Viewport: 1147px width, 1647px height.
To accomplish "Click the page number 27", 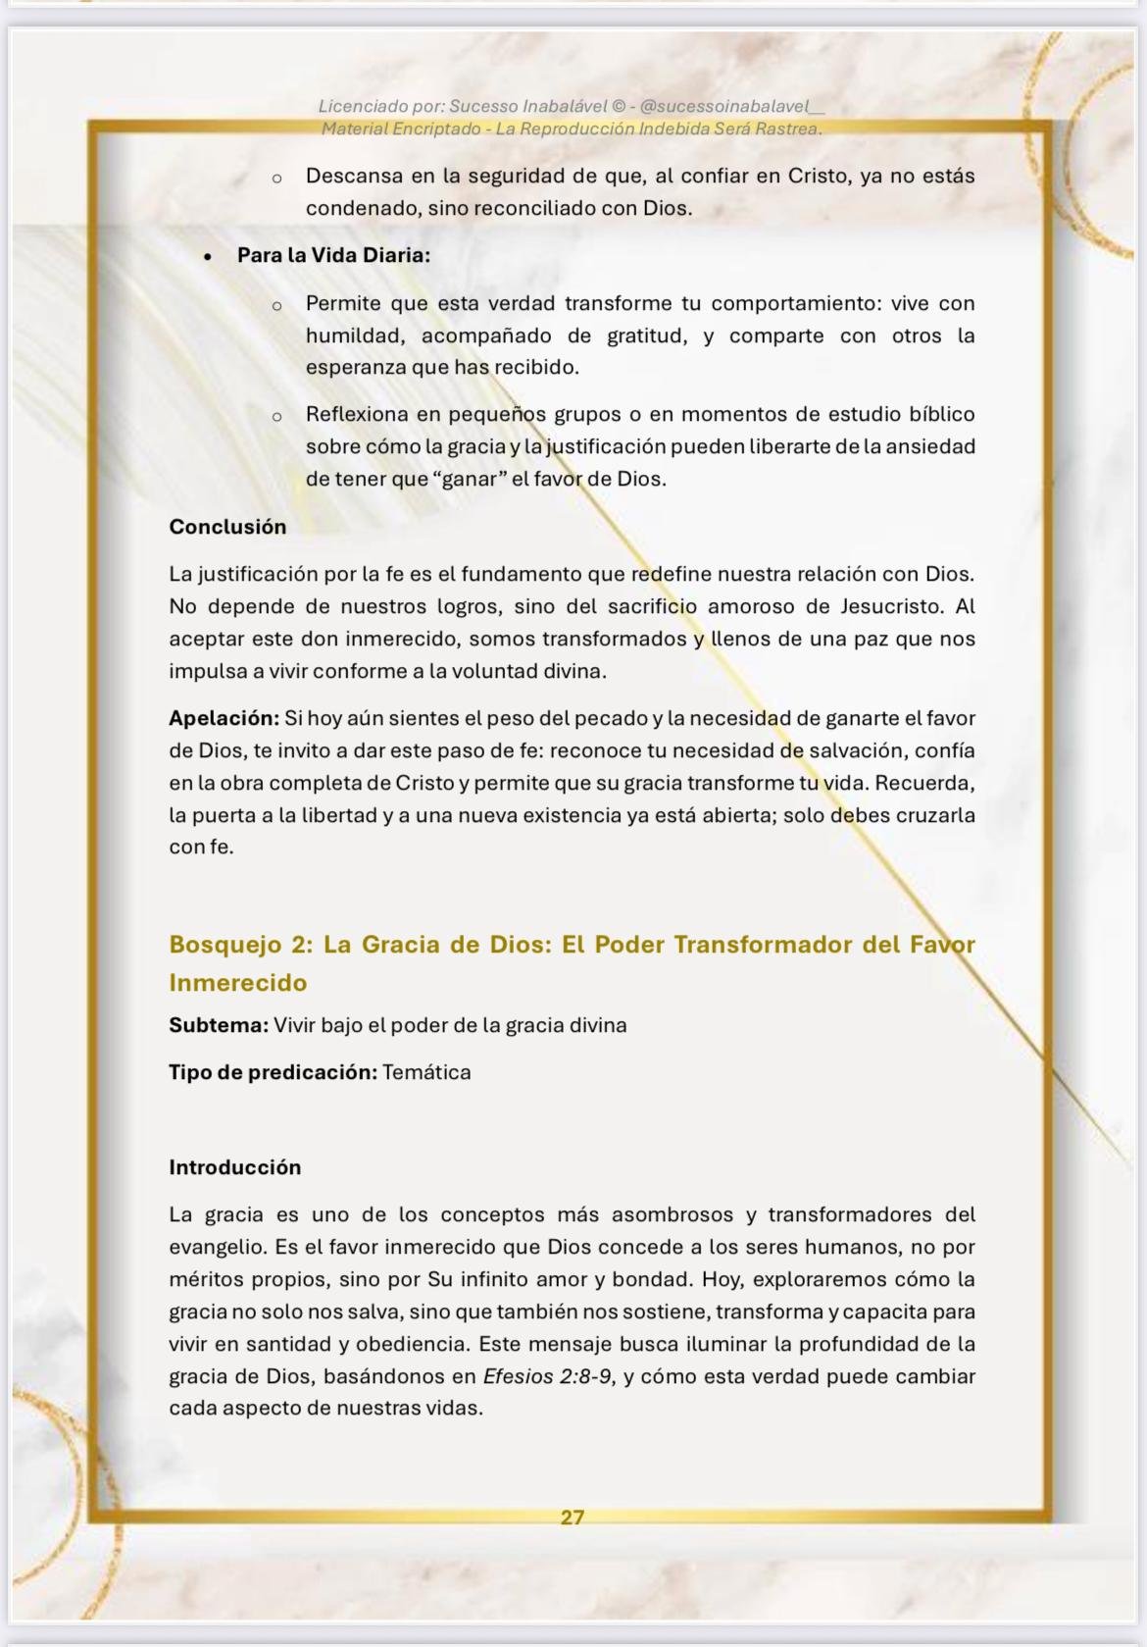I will pyautogui.click(x=573, y=1518).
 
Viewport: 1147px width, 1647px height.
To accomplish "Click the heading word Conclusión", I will pyautogui.click(x=227, y=527).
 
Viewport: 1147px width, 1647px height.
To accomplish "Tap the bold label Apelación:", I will pyautogui.click(x=224, y=718).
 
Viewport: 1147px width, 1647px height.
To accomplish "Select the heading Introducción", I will pyautogui.click(x=234, y=1167).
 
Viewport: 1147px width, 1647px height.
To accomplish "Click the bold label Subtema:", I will pyautogui.click(x=218, y=1025).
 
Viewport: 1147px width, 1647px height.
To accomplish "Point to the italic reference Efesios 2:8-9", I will pyautogui.click(x=549, y=1376).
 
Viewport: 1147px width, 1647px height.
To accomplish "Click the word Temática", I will pyautogui.click(x=426, y=1072).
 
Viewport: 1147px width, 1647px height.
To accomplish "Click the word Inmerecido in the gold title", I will pyautogui.click(x=237, y=983).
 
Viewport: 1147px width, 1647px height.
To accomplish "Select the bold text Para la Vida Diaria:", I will pyautogui.click(x=333, y=255).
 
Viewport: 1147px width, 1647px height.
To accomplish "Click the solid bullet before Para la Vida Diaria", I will pyautogui.click(x=207, y=256).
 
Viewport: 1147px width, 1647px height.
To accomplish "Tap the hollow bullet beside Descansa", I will pyautogui.click(x=277, y=179).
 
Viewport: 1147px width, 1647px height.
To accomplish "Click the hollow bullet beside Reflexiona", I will pyautogui.click(x=277, y=416).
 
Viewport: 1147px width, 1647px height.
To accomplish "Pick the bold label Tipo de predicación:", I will pyautogui.click(x=272, y=1072).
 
